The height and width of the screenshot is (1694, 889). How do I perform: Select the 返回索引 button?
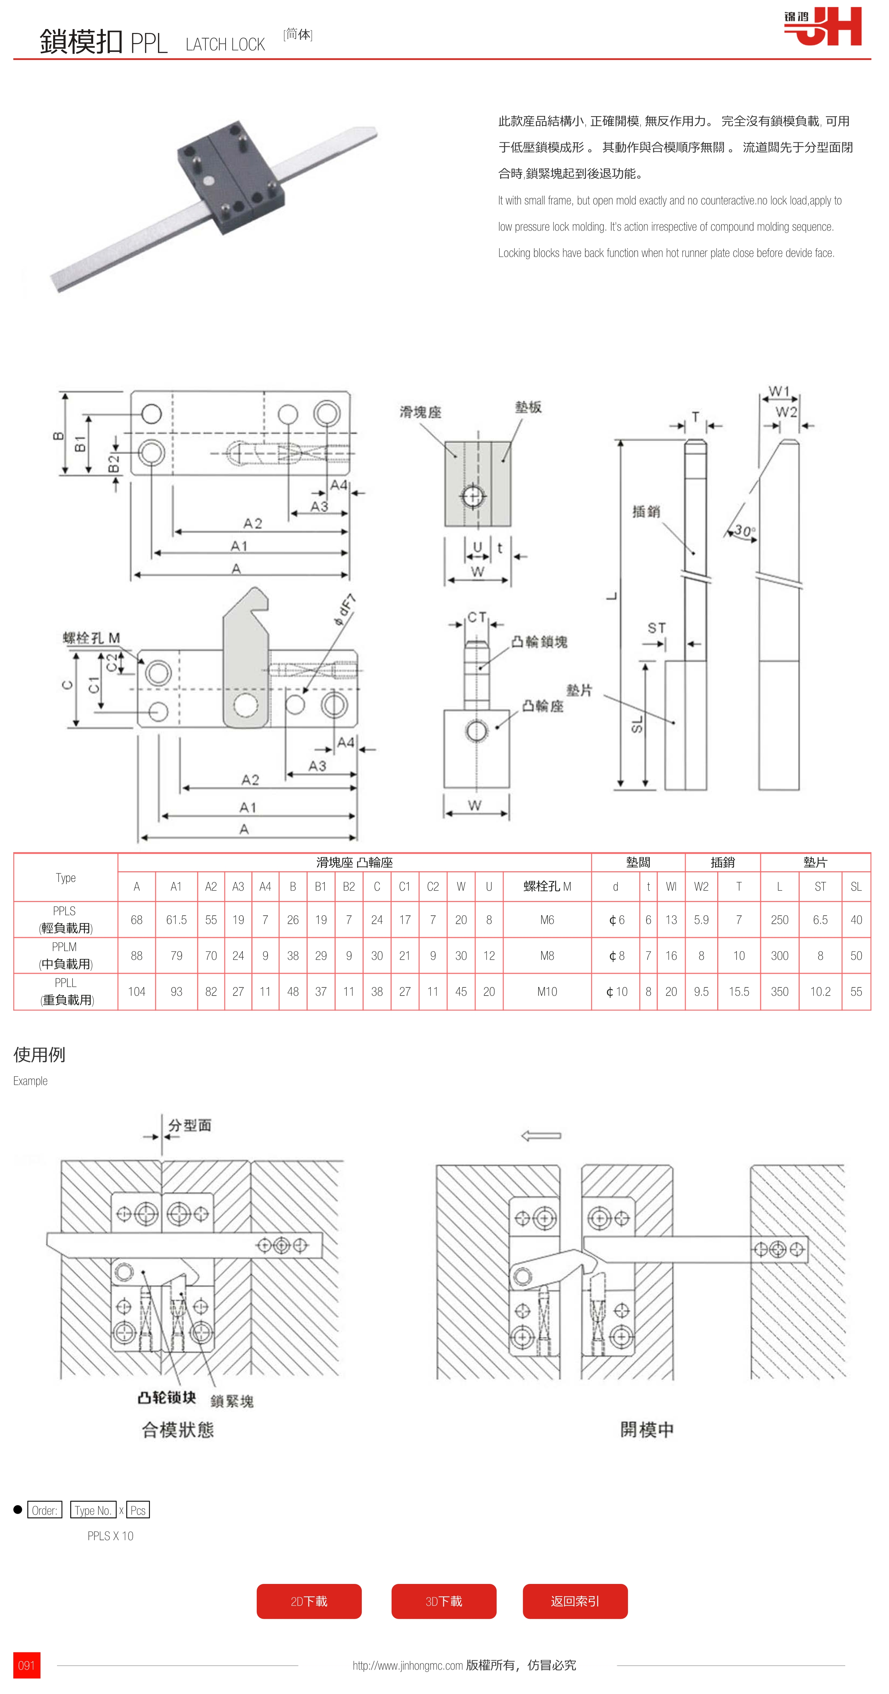click(x=575, y=1601)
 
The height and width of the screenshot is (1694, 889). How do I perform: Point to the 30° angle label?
click(x=744, y=530)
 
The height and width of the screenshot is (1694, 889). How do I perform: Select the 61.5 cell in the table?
click(x=176, y=919)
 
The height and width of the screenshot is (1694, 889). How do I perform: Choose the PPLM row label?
click(x=65, y=955)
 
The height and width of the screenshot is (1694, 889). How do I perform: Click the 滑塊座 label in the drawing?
click(x=420, y=412)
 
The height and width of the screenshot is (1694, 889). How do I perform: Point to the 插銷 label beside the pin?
click(x=646, y=512)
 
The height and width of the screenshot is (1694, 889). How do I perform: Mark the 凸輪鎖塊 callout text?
click(x=539, y=642)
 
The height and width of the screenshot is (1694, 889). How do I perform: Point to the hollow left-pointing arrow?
click(x=540, y=1136)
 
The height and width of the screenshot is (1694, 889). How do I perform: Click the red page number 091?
click(x=26, y=1665)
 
